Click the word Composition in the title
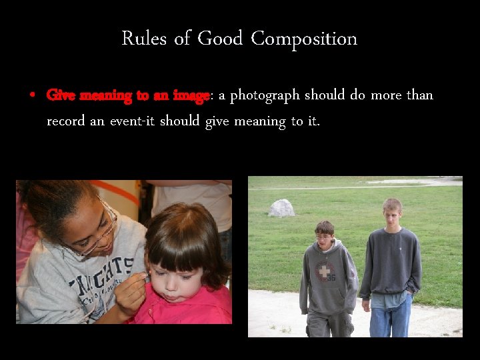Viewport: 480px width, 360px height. tap(304, 39)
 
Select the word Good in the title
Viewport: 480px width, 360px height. tap(220, 39)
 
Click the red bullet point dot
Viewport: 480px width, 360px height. tap(32, 95)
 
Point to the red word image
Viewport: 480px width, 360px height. tap(191, 96)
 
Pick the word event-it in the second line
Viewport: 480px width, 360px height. tap(131, 122)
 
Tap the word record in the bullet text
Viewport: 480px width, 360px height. tap(64, 122)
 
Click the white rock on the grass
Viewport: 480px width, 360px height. tap(281, 208)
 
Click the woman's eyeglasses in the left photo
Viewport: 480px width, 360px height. tap(100, 233)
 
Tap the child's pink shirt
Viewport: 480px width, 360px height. tap(200, 310)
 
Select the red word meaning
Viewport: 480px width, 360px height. tap(107, 96)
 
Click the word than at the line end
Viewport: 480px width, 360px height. tap(420, 95)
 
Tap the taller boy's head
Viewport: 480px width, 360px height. tap(392, 212)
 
